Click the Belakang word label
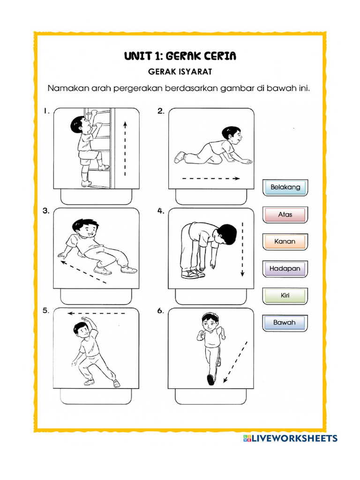click(285, 187)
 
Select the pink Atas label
click(285, 215)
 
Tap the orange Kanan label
click(285, 241)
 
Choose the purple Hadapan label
click(285, 269)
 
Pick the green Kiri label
click(285, 296)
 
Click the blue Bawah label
click(285, 323)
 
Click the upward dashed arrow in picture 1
click(125, 148)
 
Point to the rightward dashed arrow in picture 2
click(211, 179)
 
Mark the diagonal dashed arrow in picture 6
click(236, 362)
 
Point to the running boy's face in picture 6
click(210, 324)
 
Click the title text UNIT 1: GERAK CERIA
click(180, 56)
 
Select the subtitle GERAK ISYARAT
click(180, 72)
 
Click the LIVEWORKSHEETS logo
click(290, 438)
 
